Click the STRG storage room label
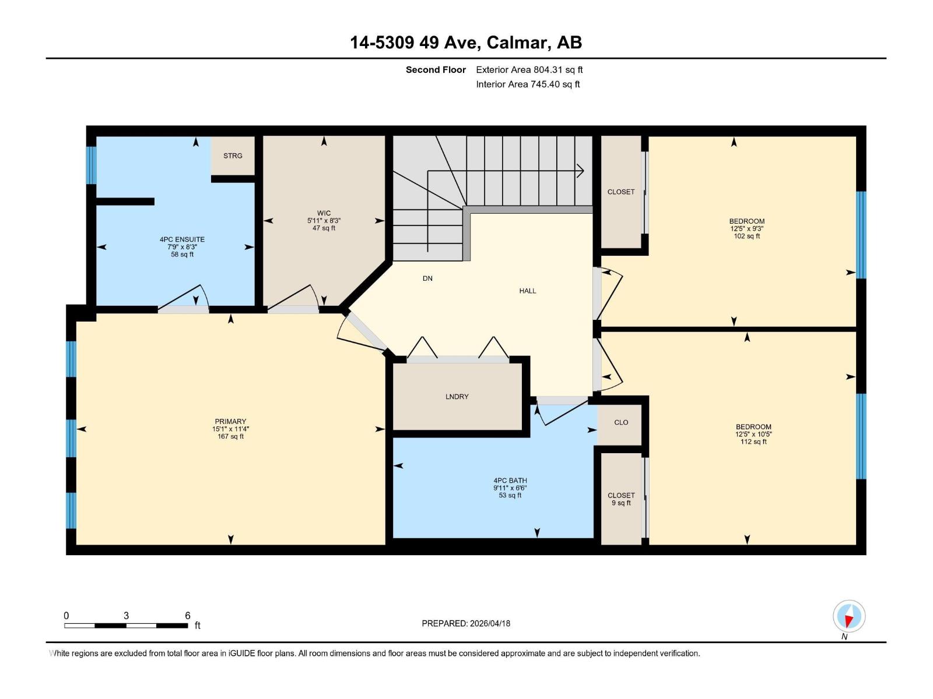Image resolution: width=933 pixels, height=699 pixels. point(233,156)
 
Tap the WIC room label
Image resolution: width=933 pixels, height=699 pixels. point(324,213)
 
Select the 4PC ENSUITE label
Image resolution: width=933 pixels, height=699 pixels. point(182,239)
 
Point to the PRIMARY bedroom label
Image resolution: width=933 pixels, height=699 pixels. point(230,421)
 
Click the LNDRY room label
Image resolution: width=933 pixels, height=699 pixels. point(457,397)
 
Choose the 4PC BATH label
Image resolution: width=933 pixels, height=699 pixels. point(510,481)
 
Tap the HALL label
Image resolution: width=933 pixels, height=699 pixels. point(527,291)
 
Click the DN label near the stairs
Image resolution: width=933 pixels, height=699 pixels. point(427,278)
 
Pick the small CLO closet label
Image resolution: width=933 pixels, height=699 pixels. point(621,422)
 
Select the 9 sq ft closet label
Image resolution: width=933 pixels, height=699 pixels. point(621,503)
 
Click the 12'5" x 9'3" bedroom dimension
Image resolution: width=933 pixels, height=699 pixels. point(746,229)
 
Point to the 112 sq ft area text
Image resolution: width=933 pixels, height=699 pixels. point(753,442)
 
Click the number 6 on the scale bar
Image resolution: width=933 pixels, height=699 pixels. point(188,615)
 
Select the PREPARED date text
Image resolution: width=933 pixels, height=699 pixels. point(466,623)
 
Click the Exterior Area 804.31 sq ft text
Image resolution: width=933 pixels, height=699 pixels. point(529,70)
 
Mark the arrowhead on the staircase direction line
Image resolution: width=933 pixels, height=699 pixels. point(580,171)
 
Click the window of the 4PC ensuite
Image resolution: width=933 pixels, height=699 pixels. point(91,165)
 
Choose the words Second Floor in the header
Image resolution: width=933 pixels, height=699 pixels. point(436,70)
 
